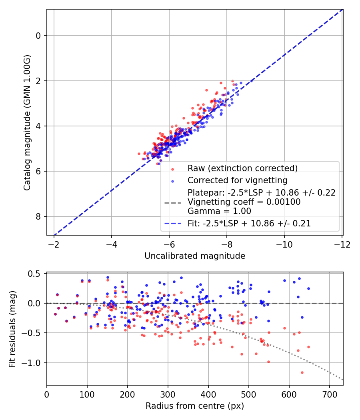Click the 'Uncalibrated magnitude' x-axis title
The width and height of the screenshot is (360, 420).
pyautogui.click(x=195, y=256)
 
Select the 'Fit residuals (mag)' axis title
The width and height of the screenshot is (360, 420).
pyautogui.click(x=12, y=329)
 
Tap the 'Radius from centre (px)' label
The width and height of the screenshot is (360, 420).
pyautogui.click(x=195, y=406)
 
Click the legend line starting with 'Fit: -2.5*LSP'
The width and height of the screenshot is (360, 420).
pyautogui.click(x=249, y=224)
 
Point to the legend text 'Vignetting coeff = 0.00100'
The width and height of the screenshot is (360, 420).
pyautogui.click(x=244, y=202)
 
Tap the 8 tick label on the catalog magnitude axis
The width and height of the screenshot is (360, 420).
pyautogui.click(x=39, y=216)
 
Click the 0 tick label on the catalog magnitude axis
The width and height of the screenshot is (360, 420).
pyautogui.click(x=39, y=36)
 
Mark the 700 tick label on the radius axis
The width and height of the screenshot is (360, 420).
pyautogui.click(x=329, y=394)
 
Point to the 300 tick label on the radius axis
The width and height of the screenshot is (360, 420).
pyautogui.click(x=168, y=394)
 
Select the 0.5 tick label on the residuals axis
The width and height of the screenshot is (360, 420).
pyautogui.click(x=36, y=274)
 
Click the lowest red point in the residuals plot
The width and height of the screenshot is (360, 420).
pyautogui.click(x=302, y=372)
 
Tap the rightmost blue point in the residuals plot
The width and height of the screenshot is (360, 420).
pyautogui.click(x=308, y=288)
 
